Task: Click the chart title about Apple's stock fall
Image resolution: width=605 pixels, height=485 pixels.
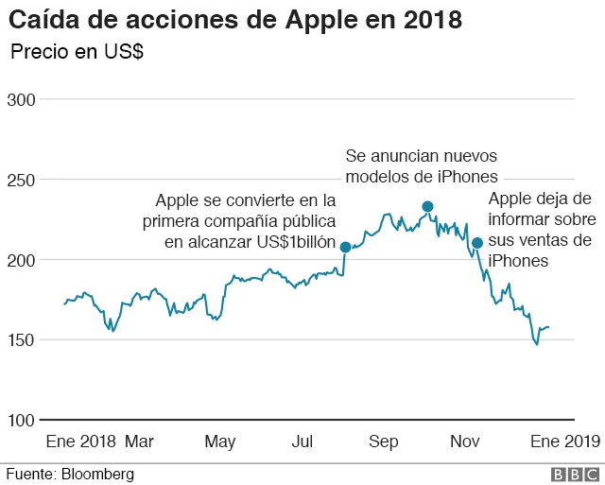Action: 235,20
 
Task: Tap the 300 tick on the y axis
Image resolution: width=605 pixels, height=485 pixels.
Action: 20,99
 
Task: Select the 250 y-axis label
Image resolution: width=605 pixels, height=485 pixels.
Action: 20,180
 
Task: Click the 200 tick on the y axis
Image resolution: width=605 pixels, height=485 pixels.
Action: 20,260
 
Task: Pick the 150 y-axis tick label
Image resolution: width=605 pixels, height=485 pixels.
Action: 20,339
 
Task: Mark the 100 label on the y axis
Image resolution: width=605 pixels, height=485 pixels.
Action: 20,420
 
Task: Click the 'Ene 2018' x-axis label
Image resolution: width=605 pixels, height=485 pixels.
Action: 80,442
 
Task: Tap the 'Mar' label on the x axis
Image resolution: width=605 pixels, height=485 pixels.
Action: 139,442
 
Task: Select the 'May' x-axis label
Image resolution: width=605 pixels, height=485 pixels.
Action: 220,442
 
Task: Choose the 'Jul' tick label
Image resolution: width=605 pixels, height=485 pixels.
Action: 302,442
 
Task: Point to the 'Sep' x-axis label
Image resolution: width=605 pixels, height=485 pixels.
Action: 384,442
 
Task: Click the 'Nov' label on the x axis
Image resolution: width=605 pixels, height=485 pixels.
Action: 465,442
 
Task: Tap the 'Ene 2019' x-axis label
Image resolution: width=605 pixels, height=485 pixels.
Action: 564,442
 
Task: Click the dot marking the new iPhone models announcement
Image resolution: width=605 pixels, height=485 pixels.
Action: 427,206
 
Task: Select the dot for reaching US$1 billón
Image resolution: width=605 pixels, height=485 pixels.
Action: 345,247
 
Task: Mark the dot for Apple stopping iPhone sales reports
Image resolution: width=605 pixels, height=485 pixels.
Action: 477,243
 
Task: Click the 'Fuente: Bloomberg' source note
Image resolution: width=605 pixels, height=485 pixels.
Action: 71,474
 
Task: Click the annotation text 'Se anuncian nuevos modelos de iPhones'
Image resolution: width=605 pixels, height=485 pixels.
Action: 421,165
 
